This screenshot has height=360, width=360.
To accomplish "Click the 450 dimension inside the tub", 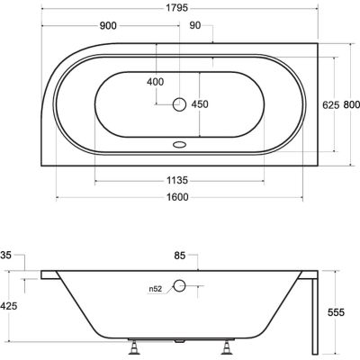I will pyautogui.click(x=200, y=103).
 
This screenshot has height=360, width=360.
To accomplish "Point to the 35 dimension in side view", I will pyautogui.click(x=7, y=255).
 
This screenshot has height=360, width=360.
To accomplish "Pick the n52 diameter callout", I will pyautogui.click(x=158, y=289).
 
